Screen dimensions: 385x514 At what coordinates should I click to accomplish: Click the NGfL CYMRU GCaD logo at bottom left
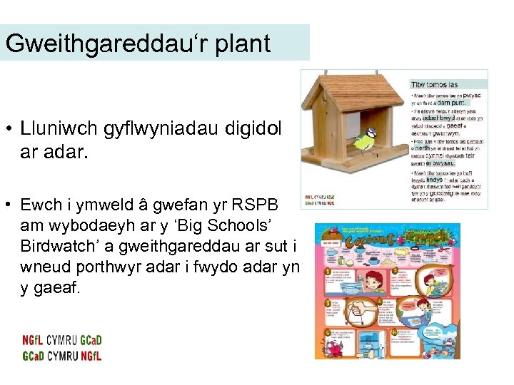tap(61, 349)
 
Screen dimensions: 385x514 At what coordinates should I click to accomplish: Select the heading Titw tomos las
tap(433, 83)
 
